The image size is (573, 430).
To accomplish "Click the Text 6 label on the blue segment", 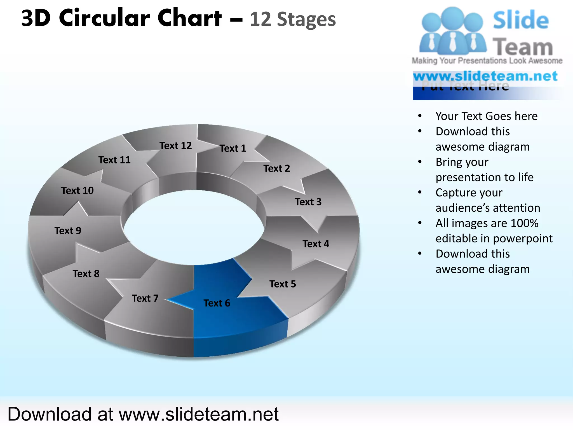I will [217, 303].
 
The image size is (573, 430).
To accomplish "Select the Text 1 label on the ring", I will [233, 148].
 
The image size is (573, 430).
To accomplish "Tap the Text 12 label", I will [176, 146].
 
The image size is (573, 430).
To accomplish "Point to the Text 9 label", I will [68, 231].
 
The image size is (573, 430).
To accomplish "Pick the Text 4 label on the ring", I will [316, 244].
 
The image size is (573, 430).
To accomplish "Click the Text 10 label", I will [78, 191].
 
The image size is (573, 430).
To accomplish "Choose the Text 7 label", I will [145, 298].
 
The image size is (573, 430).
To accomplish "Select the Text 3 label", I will [308, 202].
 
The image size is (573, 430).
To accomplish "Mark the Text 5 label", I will [283, 284].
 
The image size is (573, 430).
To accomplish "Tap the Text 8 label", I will [86, 274].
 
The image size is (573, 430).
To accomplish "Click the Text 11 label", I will [114, 160].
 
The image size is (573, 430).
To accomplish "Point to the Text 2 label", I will [277, 169].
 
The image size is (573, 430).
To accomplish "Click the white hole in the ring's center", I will [194, 227].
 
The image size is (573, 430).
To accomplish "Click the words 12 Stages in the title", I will [292, 20].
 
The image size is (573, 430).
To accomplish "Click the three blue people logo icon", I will [453, 31].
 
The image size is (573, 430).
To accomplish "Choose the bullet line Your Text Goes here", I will [487, 116].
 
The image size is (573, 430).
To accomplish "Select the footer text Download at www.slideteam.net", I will [143, 414].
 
